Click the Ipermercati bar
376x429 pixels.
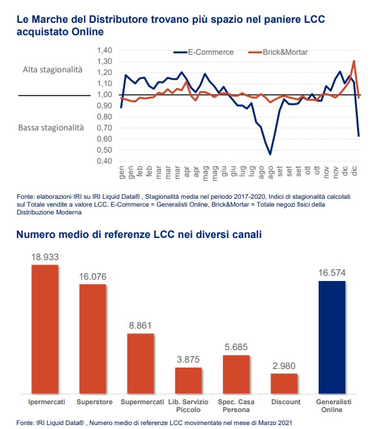click(x=45, y=329)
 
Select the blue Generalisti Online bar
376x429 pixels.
click(x=332, y=337)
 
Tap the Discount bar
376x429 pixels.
click(x=284, y=383)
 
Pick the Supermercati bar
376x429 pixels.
click(x=141, y=364)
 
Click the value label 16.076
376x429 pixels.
click(x=93, y=276)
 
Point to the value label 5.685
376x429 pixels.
click(x=236, y=347)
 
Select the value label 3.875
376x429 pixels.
click(x=188, y=359)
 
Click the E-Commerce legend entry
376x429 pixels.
click(x=204, y=52)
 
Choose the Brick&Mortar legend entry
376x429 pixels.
click(x=278, y=52)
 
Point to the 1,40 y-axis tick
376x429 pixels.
click(x=104, y=50)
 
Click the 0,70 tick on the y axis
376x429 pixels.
click(x=104, y=128)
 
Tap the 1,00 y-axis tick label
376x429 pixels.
click(x=104, y=95)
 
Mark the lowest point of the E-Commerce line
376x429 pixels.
click(x=270, y=155)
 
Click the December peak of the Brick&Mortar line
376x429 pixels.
click(x=354, y=61)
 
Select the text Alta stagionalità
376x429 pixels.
click(x=53, y=70)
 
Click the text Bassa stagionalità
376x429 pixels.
click(x=51, y=128)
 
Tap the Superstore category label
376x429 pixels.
click(x=94, y=402)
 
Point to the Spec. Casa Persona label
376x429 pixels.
click(x=236, y=406)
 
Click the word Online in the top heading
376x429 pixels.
click(x=87, y=32)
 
